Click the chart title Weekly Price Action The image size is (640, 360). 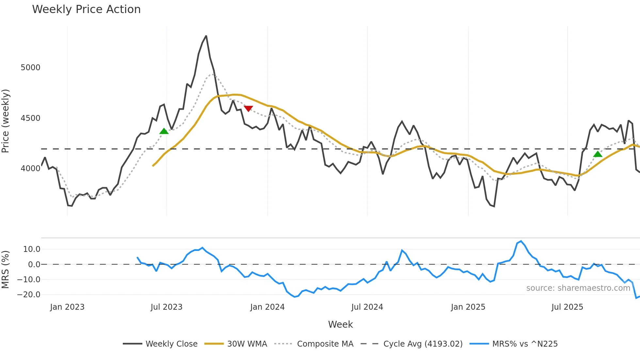pyautogui.click(x=86, y=9)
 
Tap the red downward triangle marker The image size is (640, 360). pyautogui.click(x=248, y=108)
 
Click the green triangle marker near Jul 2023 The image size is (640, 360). pyautogui.click(x=164, y=131)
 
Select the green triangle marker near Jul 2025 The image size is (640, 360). pyautogui.click(x=598, y=154)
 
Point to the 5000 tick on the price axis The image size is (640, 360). pyautogui.click(x=30, y=68)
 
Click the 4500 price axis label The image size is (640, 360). pyautogui.click(x=30, y=118)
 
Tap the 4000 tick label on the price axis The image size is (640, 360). pyautogui.click(x=30, y=169)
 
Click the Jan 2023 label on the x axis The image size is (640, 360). pyautogui.click(x=67, y=307)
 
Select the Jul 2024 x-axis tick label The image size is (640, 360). pyautogui.click(x=367, y=307)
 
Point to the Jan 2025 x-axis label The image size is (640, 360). pyautogui.click(x=468, y=307)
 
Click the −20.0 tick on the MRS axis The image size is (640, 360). pyautogui.click(x=29, y=295)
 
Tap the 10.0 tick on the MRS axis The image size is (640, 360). pyautogui.click(x=32, y=249)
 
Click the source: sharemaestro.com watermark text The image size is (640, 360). pyautogui.click(x=578, y=288)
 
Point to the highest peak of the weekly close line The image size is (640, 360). pyautogui.click(x=206, y=36)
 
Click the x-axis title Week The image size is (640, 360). pyautogui.click(x=340, y=324)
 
